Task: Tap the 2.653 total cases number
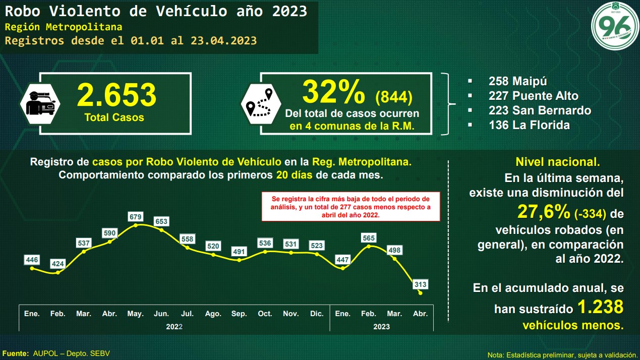(x=117, y=95)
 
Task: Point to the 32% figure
(x=334, y=92)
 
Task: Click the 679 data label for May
(x=136, y=217)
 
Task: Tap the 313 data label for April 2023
(x=420, y=284)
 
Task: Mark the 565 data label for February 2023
(x=369, y=237)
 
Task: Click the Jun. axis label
(x=161, y=314)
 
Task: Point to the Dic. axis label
(x=317, y=314)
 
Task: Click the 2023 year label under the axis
(x=381, y=327)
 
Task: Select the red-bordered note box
(x=351, y=206)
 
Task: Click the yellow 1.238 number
(x=600, y=307)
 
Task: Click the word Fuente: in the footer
(x=16, y=353)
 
